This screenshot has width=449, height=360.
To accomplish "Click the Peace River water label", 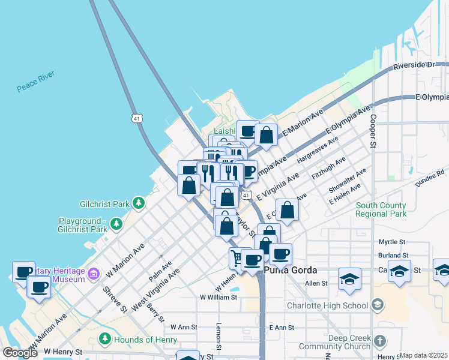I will coord(35,81).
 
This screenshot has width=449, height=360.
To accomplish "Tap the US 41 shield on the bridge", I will coord(139,118).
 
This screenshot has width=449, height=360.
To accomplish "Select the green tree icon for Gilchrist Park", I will coord(139,203).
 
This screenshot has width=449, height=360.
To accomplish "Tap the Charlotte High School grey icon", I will coord(376,305).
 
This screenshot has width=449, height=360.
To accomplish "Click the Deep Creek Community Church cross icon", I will coord(379,341).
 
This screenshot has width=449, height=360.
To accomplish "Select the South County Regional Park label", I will coord(381,209).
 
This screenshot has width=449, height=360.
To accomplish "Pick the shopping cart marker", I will coord(238,258).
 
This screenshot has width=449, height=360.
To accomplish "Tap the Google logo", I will coord(20,353).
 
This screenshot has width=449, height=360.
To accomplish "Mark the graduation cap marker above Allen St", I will coord(349,279).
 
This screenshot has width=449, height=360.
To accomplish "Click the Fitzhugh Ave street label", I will coord(329,169).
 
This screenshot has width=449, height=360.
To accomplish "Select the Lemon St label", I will coord(218,340).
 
